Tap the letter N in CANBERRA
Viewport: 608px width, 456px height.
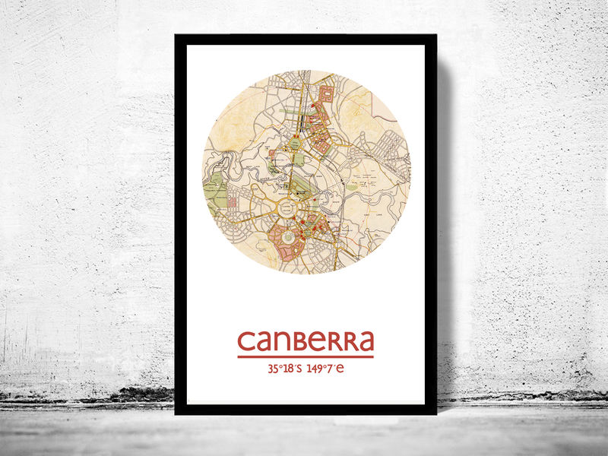[x=282, y=341]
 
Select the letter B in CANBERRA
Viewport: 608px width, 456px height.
[x=299, y=341]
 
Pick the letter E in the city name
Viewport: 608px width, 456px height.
[x=315, y=341]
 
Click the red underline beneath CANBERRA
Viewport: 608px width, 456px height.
[x=306, y=356]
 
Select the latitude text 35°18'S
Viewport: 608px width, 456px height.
[x=285, y=369]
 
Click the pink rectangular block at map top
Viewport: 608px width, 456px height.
[x=325, y=95]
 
